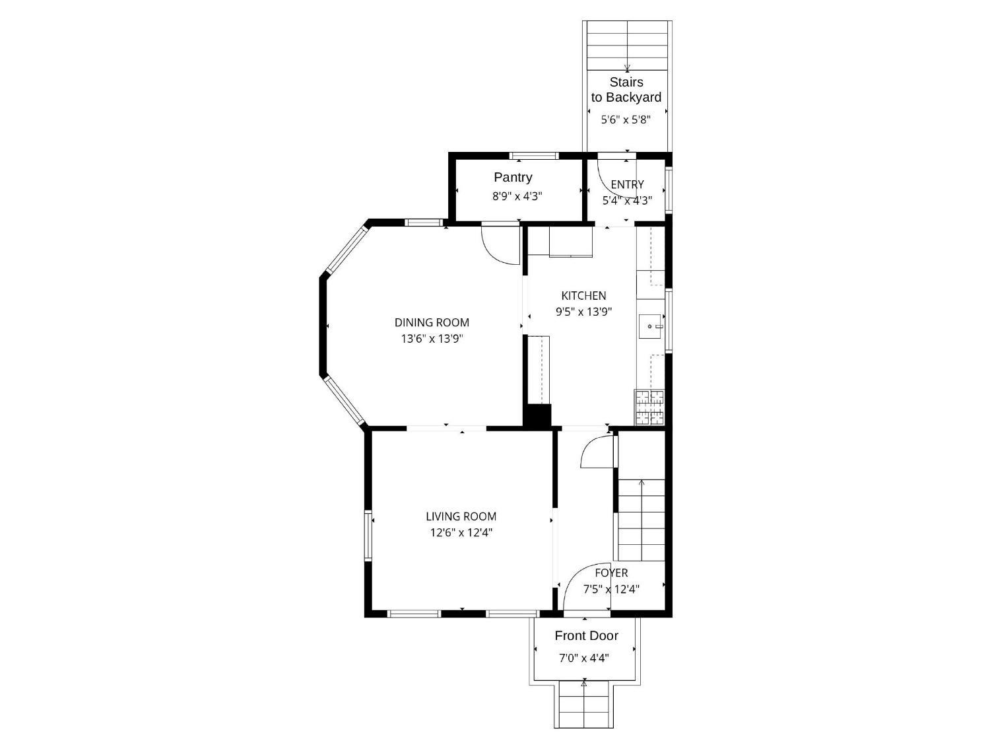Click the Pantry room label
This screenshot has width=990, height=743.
(513, 177)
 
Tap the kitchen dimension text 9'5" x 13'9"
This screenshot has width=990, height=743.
(583, 312)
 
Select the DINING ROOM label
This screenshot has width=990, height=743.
(432, 322)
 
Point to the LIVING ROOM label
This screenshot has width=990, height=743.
(461, 516)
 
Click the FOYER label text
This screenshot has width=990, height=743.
(611, 573)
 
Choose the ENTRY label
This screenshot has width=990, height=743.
(627, 184)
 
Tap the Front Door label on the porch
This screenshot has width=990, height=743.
(586, 635)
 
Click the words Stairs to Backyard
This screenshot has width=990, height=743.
(626, 89)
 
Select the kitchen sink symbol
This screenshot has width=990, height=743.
(650, 326)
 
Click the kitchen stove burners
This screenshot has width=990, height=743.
(650, 407)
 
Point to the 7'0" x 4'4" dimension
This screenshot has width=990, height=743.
(584, 658)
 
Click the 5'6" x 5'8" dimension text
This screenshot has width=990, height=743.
(626, 120)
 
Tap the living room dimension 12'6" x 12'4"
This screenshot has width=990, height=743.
(461, 533)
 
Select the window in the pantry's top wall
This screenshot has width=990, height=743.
(535, 156)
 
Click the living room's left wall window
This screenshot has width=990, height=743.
(368, 536)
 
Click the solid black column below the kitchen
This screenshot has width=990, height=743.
(537, 415)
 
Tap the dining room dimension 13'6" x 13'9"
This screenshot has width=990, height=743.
(432, 339)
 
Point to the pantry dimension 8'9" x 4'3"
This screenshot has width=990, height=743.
(517, 196)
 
